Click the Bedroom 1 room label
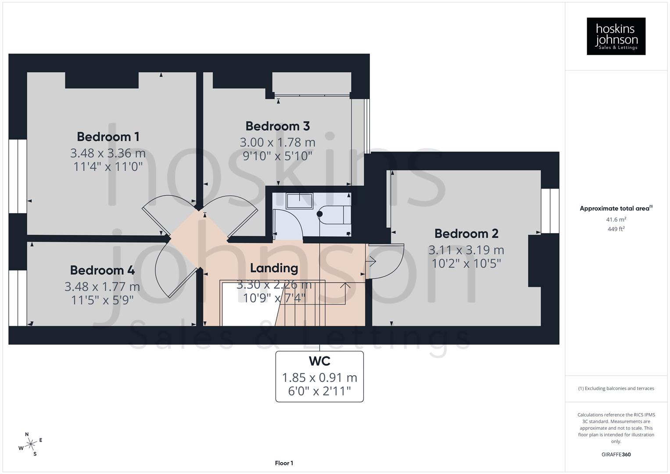(108, 136)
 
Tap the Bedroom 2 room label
(466, 233)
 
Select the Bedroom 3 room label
(277, 126)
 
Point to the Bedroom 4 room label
(102, 270)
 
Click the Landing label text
(274, 268)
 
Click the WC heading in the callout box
(319, 361)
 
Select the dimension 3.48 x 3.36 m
(108, 153)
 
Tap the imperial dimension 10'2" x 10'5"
(466, 263)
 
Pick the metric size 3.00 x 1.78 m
(277, 142)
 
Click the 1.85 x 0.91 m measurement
(319, 377)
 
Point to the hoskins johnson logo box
(616, 36)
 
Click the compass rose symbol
(31, 444)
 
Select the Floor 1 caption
(284, 463)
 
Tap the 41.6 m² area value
(616, 219)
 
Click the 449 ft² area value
(616, 229)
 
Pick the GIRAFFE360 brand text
(616, 454)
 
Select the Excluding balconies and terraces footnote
(616, 388)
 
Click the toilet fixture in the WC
(336, 215)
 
